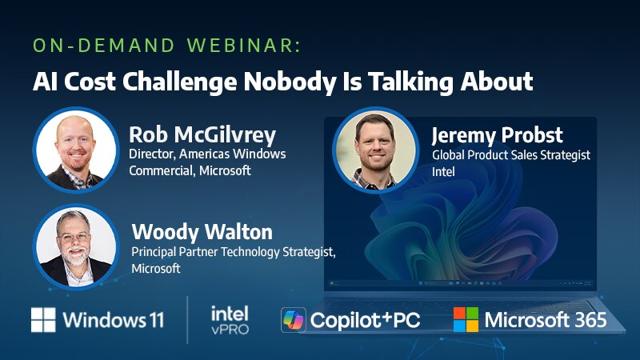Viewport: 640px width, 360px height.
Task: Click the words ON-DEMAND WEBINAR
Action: point(166,46)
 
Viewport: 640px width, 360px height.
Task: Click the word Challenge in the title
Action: point(179,82)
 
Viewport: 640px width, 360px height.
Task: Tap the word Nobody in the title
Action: point(290,82)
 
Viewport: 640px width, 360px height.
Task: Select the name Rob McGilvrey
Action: point(202,135)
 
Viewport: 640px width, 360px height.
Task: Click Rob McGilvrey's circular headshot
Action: point(76,150)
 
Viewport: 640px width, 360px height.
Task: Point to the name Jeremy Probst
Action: point(497,135)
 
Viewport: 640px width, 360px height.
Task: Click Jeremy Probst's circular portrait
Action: point(375,150)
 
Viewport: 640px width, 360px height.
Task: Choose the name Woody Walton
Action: point(202,232)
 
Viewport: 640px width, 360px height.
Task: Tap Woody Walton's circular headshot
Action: point(76,246)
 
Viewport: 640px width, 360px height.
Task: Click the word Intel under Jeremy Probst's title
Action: point(443,172)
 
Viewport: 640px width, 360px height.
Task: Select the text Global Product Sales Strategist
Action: point(511,155)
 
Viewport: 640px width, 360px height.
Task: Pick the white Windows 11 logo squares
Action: point(43,319)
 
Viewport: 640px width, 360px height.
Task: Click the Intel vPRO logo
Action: point(230,320)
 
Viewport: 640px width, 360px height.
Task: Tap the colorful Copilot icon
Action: point(293,319)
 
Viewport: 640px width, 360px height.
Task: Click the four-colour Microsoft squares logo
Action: point(466,319)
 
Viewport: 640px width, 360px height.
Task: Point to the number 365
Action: point(590,320)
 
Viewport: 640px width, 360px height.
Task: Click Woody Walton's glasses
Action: point(74,237)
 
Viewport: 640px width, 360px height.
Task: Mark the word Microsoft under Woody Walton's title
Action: point(156,269)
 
